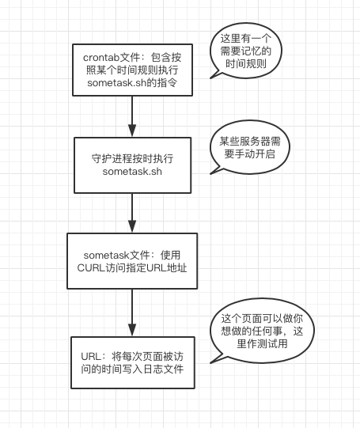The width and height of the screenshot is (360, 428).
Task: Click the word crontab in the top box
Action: [x=101, y=58]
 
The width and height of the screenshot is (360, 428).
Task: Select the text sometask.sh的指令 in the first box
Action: [x=132, y=83]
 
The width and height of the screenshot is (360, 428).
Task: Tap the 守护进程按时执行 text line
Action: [x=132, y=158]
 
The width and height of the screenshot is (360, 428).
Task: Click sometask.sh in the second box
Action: [x=132, y=172]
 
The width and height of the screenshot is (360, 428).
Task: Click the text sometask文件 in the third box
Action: [x=116, y=256]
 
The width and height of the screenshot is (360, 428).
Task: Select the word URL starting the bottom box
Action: [x=92, y=357]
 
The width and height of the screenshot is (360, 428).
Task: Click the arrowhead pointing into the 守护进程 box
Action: [x=132, y=131]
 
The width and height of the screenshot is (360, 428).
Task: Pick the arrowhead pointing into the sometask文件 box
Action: [x=132, y=226]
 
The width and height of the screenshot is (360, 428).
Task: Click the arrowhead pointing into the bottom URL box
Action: [x=132, y=330]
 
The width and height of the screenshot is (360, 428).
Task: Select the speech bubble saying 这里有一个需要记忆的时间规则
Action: [x=245, y=51]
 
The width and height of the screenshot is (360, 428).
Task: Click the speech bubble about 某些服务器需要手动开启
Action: [x=249, y=147]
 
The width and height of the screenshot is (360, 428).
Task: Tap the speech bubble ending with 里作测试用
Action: [x=262, y=331]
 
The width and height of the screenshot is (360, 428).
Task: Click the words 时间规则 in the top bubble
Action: [x=245, y=64]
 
